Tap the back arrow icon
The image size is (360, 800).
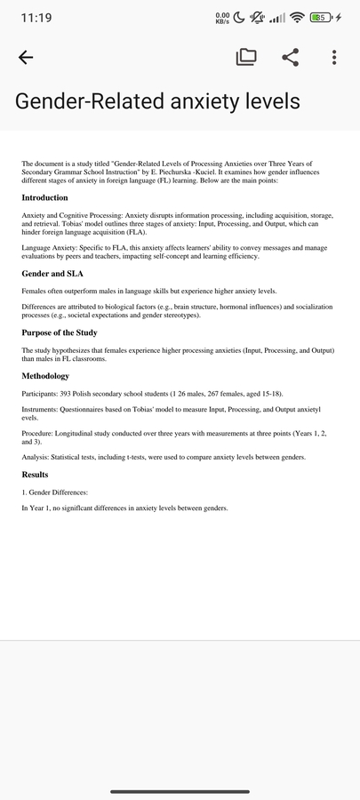point(26,58)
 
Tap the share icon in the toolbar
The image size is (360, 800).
point(290,58)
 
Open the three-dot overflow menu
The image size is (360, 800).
point(334,58)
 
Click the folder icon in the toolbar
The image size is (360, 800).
point(246,58)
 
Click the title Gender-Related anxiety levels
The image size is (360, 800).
point(157,100)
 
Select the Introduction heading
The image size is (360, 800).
point(44,197)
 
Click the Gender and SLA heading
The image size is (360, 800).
point(52,274)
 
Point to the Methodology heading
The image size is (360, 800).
point(45,376)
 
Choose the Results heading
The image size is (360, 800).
point(35,475)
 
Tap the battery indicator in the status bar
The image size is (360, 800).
point(322,18)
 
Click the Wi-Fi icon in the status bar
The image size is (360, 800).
point(296,18)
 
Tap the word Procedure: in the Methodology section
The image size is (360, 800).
point(38,434)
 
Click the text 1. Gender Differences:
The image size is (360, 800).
point(55,492)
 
